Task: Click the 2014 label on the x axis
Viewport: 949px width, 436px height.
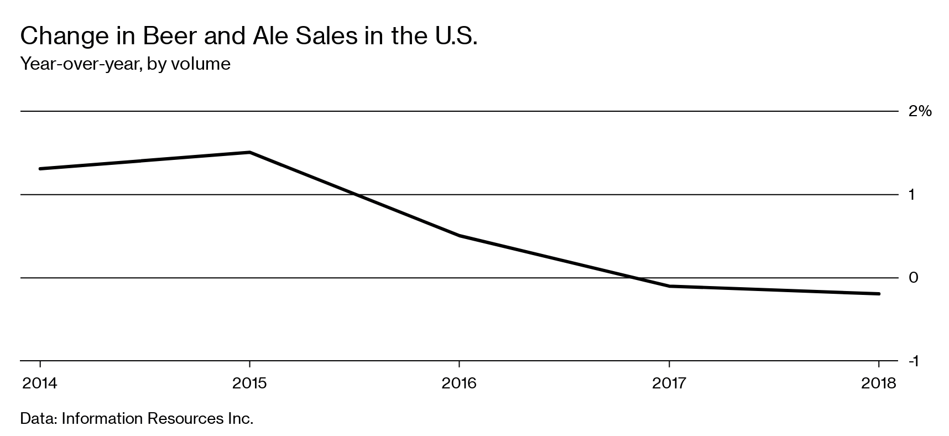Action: [x=39, y=383]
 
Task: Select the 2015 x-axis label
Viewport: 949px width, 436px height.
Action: [x=249, y=383]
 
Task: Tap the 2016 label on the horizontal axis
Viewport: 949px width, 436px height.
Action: [x=459, y=383]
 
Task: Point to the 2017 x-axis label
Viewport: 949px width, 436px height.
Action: [x=669, y=383]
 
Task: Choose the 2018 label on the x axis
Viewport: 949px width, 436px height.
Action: [x=878, y=383]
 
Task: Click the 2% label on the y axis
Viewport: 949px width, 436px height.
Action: [x=920, y=111]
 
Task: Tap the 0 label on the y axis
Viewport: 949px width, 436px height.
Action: [x=914, y=278]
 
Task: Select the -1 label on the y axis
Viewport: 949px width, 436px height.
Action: [x=913, y=361]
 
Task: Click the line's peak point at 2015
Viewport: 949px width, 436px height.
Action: [x=249, y=152]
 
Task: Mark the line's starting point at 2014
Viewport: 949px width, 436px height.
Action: [x=40, y=169]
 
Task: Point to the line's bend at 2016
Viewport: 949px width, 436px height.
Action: [x=459, y=236]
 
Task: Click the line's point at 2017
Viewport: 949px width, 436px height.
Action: [x=669, y=286]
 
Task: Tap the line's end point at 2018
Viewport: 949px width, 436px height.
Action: [x=878, y=294]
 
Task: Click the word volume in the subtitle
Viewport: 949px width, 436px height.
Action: [x=200, y=64]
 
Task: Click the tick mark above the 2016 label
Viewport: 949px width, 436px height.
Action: [x=459, y=365]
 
